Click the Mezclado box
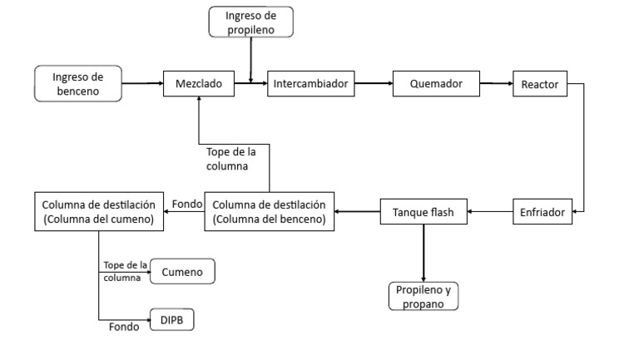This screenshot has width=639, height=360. [x=198, y=84]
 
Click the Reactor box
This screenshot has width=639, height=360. [x=541, y=84]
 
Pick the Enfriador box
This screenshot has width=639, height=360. [x=541, y=213]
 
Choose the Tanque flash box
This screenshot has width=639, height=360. [x=424, y=213]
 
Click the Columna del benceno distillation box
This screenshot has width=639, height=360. [x=270, y=212]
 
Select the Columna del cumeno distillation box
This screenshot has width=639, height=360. [x=99, y=212]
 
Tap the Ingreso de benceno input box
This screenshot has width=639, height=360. [x=79, y=84]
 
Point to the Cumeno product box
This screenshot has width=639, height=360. [x=183, y=271]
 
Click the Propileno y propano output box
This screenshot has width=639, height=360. [x=424, y=296]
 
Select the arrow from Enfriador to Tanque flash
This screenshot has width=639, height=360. [x=490, y=214]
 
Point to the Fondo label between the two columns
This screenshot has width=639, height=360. [x=184, y=203]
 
